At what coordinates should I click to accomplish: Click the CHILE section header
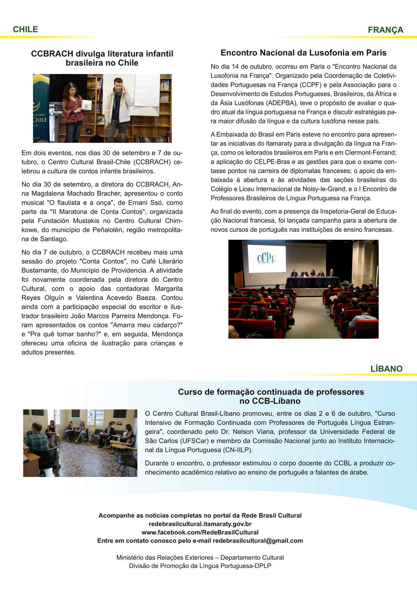tap(25, 29)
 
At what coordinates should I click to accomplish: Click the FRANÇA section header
tap(385, 30)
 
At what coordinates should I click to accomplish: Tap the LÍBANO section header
tap(386, 369)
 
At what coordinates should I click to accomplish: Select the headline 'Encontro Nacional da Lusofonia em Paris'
tap(304, 53)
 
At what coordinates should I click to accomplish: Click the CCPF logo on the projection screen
tap(266, 259)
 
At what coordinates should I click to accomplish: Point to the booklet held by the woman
tap(87, 105)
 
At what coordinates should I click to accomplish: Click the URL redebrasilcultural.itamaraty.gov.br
tap(200, 524)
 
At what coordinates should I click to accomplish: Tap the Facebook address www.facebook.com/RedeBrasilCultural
tap(200, 532)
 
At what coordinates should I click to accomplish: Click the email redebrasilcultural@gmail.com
tap(257, 540)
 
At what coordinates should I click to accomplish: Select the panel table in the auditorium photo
tap(312, 281)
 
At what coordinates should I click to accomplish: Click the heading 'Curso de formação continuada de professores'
tap(271, 392)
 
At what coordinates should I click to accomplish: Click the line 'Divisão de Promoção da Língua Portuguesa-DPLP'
tap(200, 566)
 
